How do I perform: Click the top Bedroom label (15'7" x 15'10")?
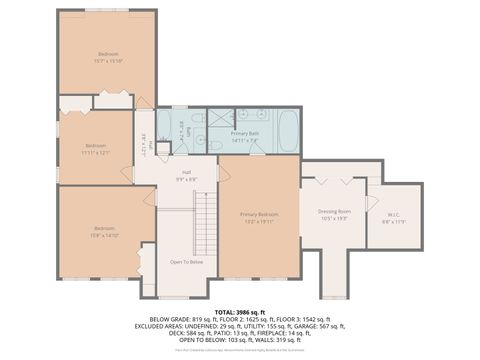(x=108, y=56)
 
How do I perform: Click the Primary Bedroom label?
(x=259, y=218)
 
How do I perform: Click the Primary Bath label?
(x=246, y=136)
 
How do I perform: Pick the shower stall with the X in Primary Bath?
(x=221, y=120)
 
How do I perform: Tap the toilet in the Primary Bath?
(x=215, y=145)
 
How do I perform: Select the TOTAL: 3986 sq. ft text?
(x=240, y=312)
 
